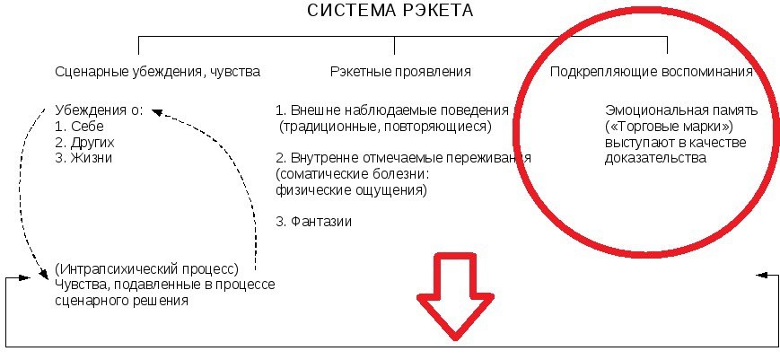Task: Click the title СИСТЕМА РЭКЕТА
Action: [x=390, y=12]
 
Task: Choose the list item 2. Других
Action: [x=84, y=142]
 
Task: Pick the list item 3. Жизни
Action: [x=83, y=157]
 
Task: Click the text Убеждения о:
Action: [x=99, y=110]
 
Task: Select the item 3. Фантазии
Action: [x=313, y=221]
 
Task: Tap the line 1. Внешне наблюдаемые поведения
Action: [x=392, y=110]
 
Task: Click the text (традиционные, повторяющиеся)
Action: [x=386, y=126]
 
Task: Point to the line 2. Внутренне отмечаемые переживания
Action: [x=403, y=158]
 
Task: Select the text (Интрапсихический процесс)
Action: [x=145, y=268]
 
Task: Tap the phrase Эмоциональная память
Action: [x=681, y=111]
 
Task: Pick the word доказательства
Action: [x=655, y=158]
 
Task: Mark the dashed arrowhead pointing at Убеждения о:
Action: [x=156, y=111]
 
